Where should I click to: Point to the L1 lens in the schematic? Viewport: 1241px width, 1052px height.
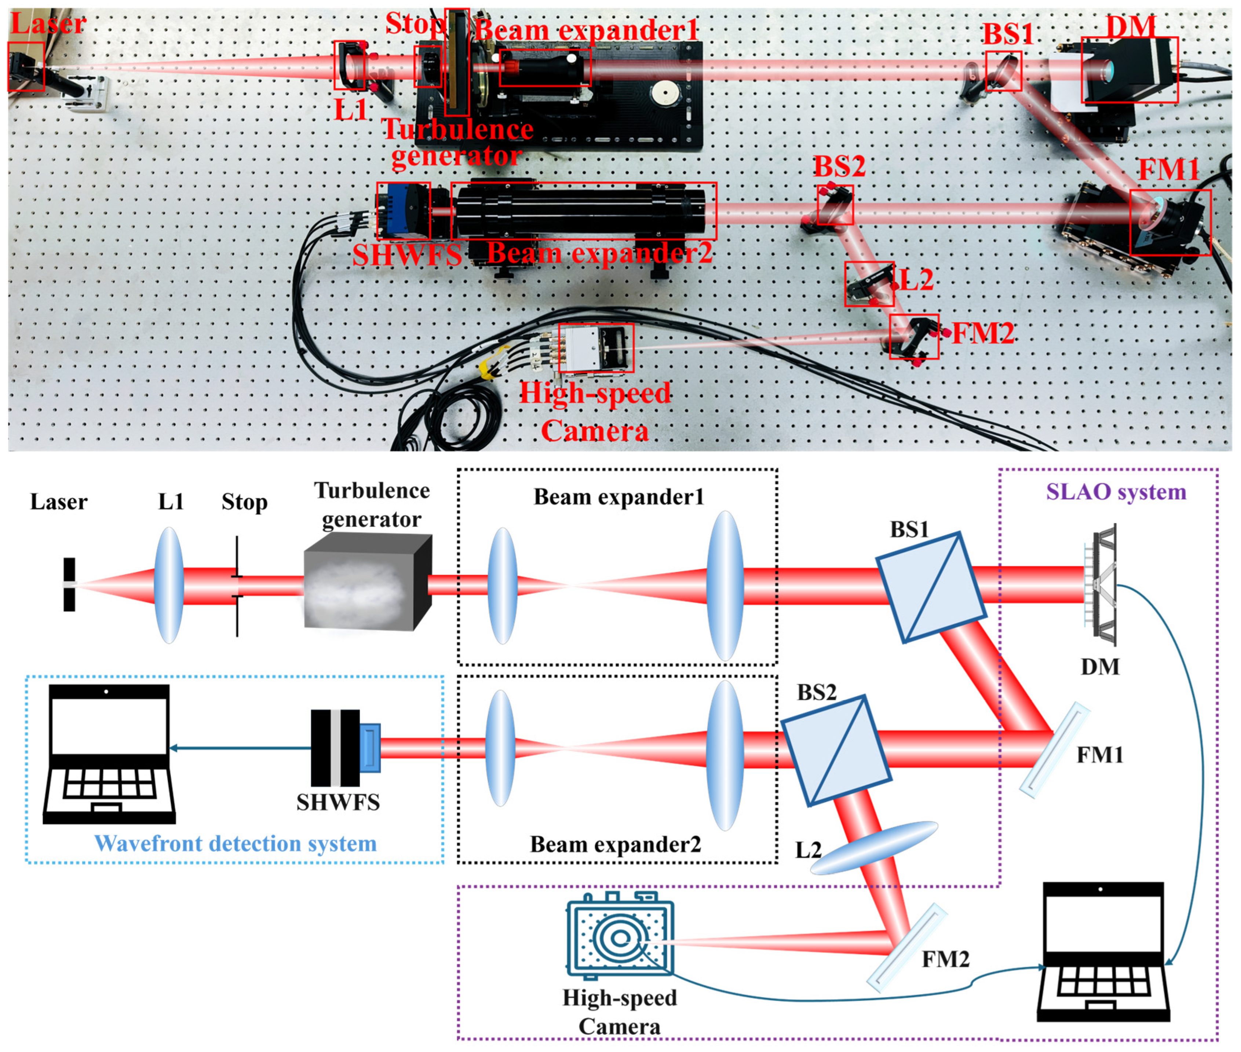click(169, 584)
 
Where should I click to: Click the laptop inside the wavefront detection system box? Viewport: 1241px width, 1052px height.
click(109, 754)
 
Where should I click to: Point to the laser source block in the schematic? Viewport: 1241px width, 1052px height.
click(69, 584)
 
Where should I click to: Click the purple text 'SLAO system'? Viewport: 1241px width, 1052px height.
click(1115, 492)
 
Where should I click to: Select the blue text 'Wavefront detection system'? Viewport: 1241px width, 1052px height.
click(235, 843)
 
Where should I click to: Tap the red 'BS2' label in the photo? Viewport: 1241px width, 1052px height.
click(839, 166)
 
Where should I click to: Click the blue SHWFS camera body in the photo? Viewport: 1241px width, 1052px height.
click(403, 210)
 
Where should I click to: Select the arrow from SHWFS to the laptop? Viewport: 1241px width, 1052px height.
click(239, 748)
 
